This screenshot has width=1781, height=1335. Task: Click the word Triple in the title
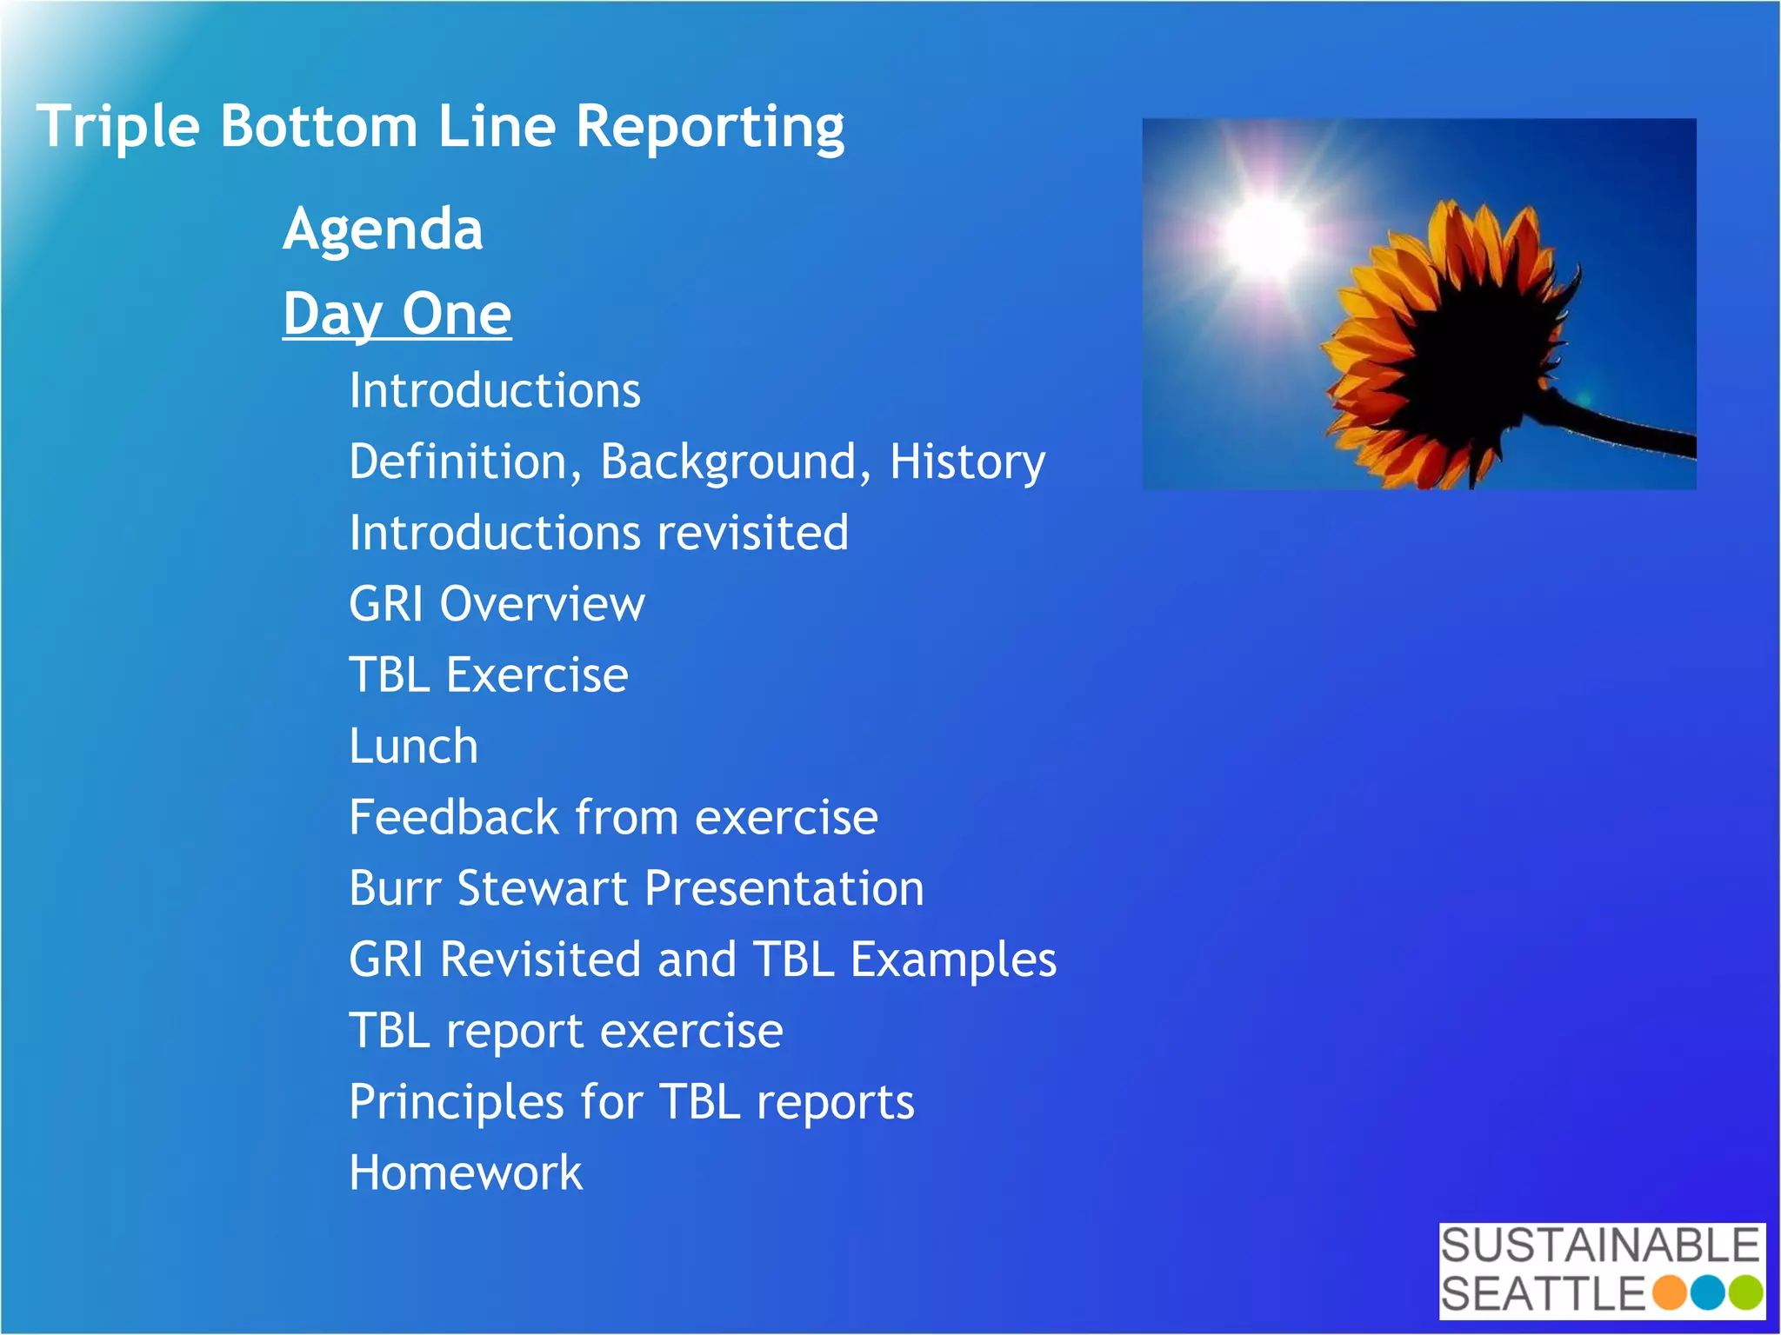tap(117, 128)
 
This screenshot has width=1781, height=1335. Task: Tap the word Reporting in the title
tap(710, 128)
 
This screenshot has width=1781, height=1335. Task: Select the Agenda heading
tap(383, 229)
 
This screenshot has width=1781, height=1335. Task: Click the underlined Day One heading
tap(397, 314)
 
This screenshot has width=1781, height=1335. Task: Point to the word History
tap(967, 462)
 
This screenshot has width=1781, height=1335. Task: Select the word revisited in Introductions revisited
tap(753, 533)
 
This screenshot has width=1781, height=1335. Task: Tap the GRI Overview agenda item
tap(497, 604)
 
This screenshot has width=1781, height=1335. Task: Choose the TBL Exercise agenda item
tap(488, 675)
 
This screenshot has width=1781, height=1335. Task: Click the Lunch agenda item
tap(414, 747)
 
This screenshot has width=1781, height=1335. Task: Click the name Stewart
tap(543, 889)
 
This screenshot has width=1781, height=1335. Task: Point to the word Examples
tap(953, 960)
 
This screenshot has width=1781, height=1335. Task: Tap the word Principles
tap(456, 1103)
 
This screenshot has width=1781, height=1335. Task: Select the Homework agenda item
tap(465, 1173)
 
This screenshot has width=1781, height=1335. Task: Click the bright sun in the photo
tap(1265, 233)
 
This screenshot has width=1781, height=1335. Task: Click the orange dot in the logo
tap(1669, 1292)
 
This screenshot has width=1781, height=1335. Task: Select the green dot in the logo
tap(1745, 1292)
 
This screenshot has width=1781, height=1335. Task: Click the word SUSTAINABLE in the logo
tap(1600, 1245)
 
